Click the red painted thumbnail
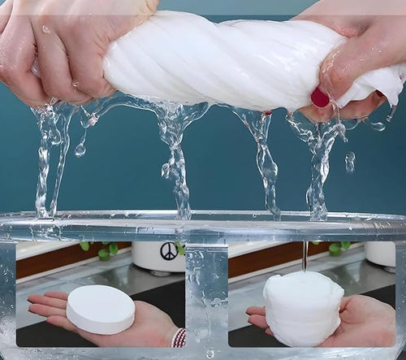coord(319,98)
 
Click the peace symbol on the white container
coord(169,251)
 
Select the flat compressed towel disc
coord(101,309)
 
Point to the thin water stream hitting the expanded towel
coord(304,256)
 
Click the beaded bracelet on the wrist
coord(179,336)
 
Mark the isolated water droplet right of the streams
coord(350,162)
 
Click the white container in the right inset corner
coord(380,253)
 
